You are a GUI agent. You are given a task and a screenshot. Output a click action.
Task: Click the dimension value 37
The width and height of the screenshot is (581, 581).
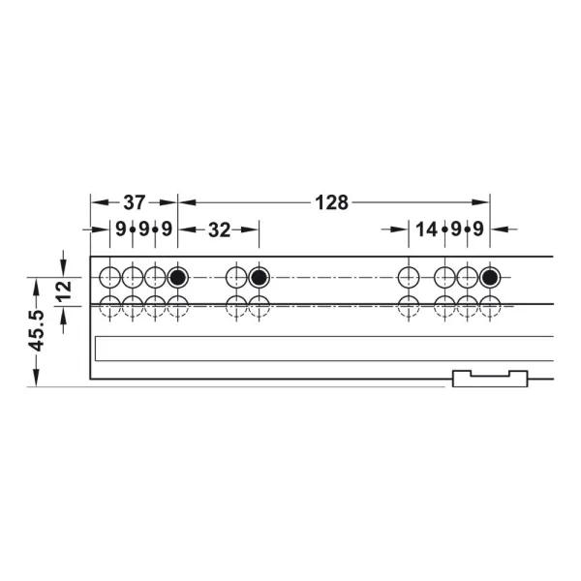[x=135, y=202]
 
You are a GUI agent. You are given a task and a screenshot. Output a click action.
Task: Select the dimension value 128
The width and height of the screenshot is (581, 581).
[x=331, y=202]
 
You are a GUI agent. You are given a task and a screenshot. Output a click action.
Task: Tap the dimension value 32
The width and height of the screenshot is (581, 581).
[x=220, y=230]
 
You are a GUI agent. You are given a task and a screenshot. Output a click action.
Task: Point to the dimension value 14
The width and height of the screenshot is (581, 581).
[x=426, y=229]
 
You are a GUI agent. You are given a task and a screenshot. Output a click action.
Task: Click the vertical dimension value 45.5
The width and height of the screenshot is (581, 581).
[x=37, y=330]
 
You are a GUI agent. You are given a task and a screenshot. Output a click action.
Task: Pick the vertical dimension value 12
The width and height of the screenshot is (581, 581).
[x=64, y=291]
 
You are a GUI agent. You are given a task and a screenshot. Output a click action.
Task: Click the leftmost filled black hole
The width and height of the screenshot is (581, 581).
[x=178, y=277]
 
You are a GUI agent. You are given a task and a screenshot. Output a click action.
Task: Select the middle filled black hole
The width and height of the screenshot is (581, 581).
[x=259, y=277]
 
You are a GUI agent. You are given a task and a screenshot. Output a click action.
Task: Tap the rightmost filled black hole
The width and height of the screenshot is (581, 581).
[x=490, y=277]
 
